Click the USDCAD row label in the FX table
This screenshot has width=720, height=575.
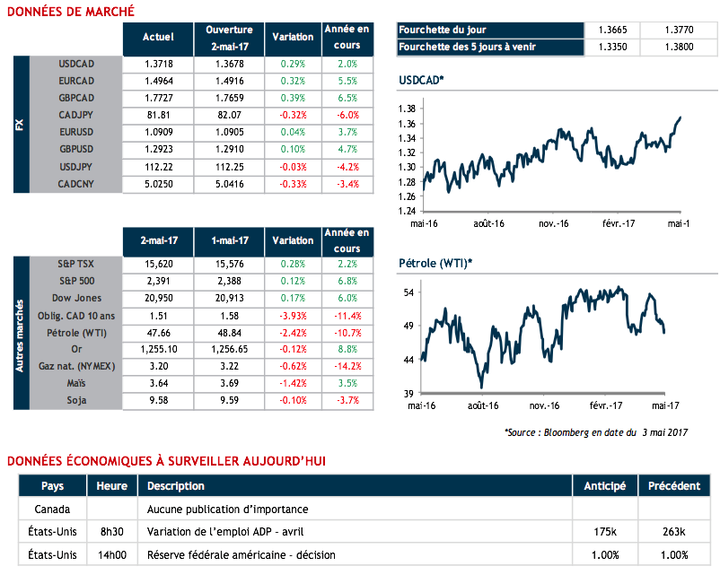(76, 65)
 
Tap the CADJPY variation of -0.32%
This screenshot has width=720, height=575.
(293, 115)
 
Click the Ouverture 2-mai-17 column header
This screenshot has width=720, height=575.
(229, 38)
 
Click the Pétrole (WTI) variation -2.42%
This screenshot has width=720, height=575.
(293, 332)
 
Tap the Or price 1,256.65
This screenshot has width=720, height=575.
(229, 349)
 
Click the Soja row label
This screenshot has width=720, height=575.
(76, 399)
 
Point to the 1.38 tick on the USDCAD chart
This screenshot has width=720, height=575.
(407, 109)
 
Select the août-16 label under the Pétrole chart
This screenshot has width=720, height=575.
(482, 405)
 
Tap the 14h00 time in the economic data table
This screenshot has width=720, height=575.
(111, 555)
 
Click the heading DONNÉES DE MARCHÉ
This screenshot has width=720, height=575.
(71, 11)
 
